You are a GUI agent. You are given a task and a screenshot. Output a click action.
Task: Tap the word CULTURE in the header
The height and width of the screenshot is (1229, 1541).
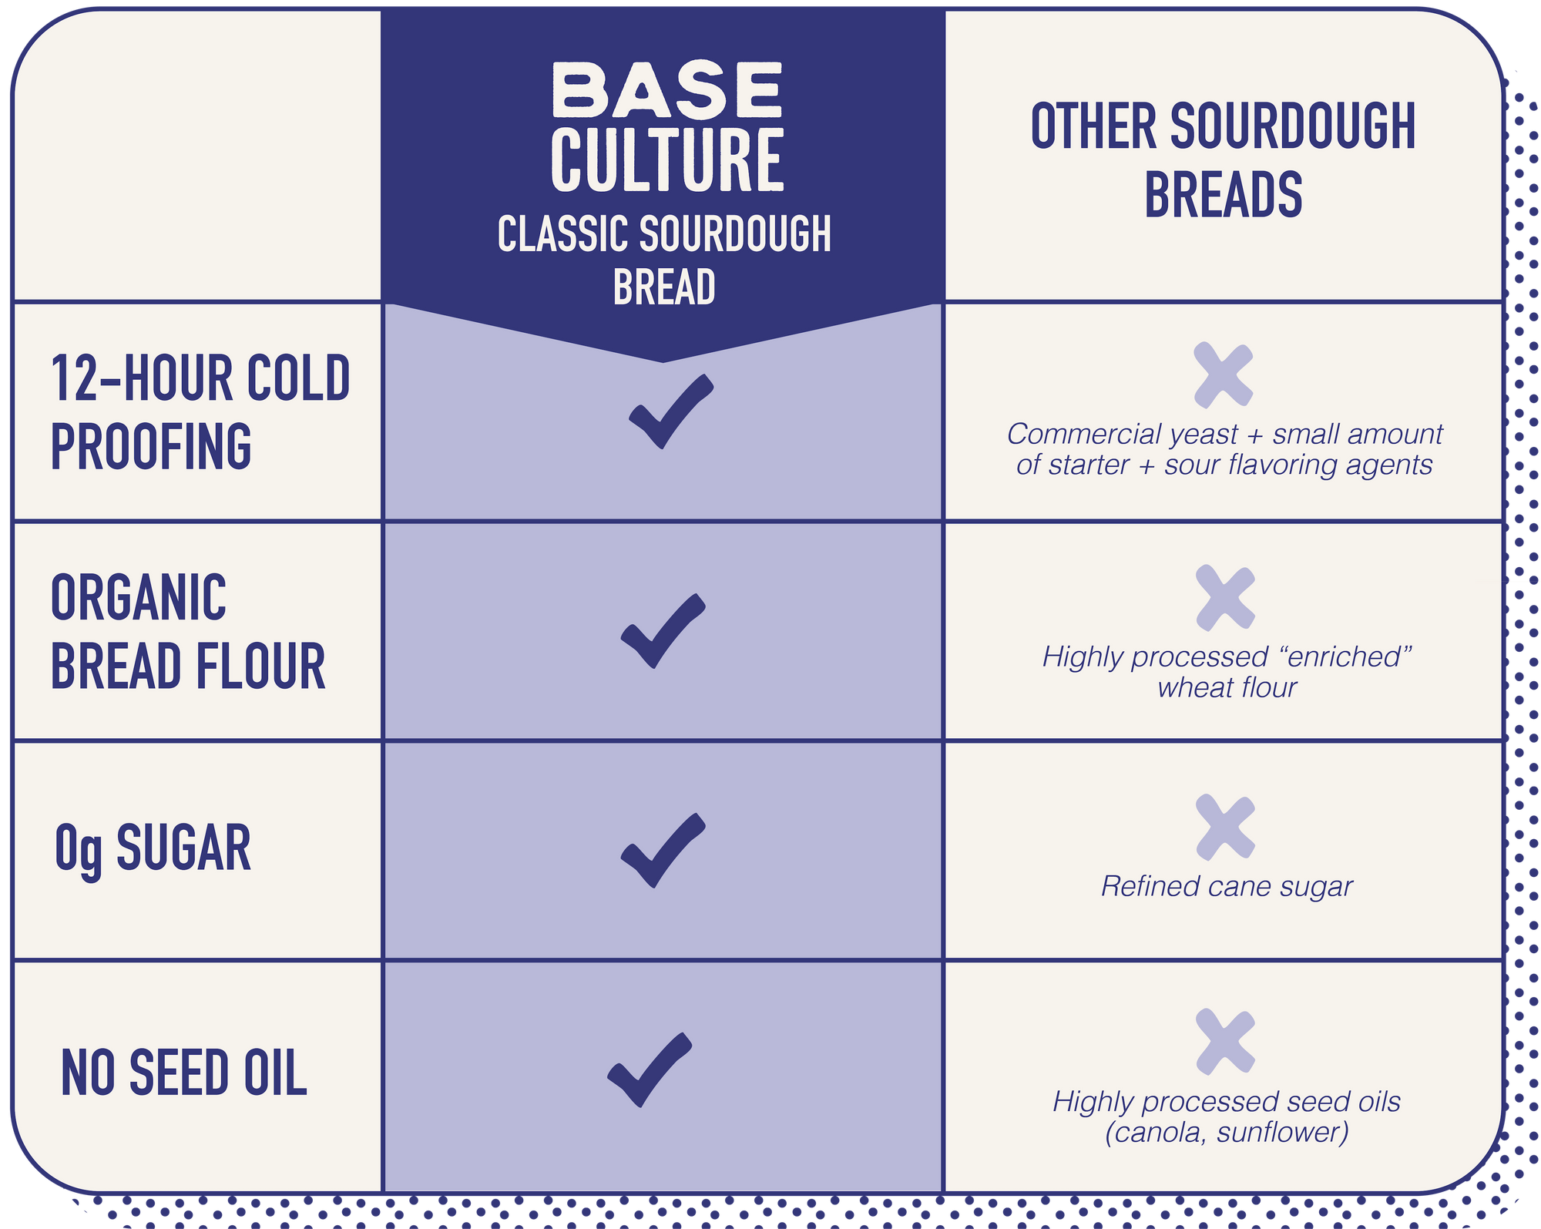coord(667,160)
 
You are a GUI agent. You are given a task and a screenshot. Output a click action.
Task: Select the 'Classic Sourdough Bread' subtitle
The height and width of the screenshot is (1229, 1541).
coord(664,260)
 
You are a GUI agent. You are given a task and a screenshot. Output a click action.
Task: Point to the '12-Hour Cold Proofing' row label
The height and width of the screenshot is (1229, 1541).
coord(200,412)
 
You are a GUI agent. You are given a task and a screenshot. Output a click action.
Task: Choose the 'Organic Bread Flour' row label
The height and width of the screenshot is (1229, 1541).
coord(188,632)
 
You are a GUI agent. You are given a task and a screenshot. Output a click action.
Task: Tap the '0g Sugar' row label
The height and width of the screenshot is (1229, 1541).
coord(153,849)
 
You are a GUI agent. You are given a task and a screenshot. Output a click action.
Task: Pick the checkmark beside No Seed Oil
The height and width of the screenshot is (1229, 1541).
coord(650,1070)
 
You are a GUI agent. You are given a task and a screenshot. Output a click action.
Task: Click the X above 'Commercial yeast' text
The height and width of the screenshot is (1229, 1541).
coord(1224,375)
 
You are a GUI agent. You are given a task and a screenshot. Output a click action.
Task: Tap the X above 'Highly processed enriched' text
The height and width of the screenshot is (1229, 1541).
coord(1226,598)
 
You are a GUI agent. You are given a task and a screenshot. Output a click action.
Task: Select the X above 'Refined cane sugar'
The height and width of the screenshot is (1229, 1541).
coord(1226,827)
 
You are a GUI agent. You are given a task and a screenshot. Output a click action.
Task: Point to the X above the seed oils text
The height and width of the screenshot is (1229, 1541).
coord(1226,1041)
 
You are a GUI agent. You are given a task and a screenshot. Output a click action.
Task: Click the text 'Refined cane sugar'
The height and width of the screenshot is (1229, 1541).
coord(1227,887)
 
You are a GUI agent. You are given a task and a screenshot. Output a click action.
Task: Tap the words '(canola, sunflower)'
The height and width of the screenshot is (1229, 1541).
coord(1227,1133)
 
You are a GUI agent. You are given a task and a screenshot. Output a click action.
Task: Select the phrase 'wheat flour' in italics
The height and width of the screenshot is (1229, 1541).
coord(1227,687)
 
